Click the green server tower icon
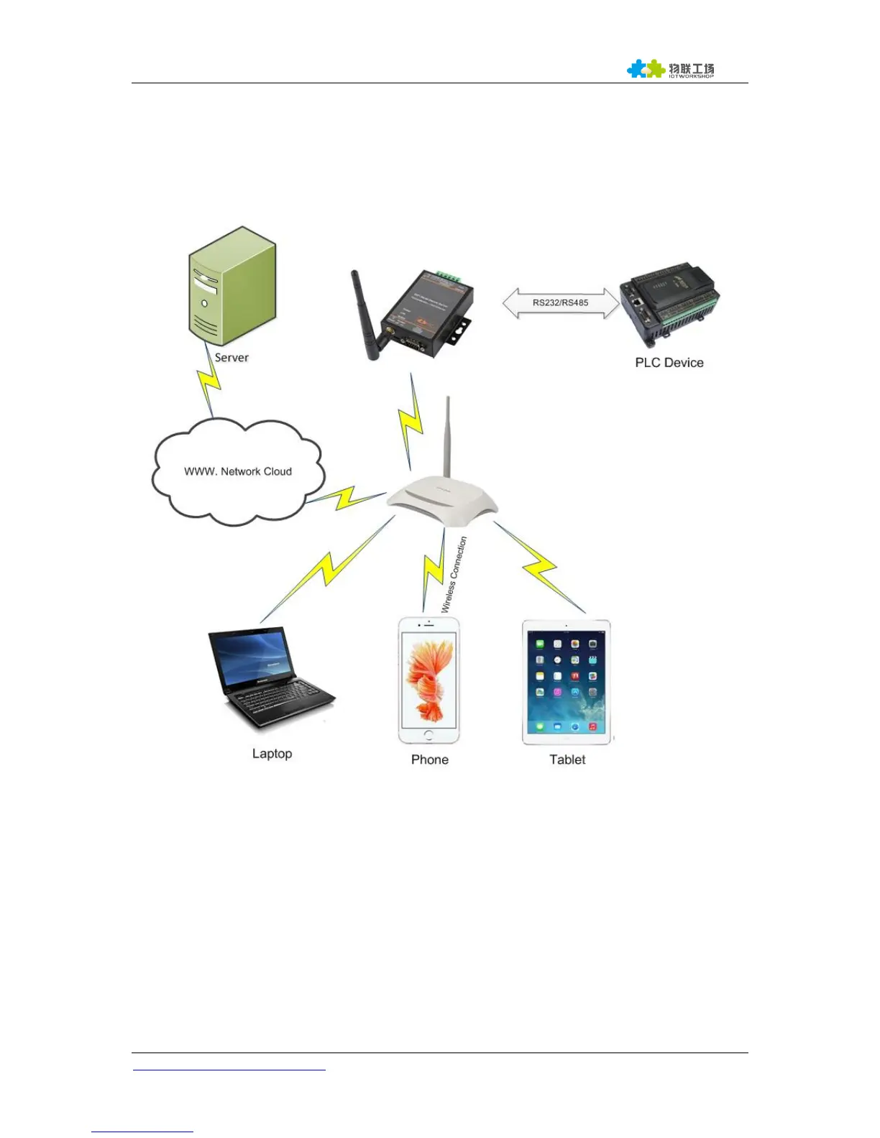(x=232, y=287)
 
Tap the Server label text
(x=232, y=358)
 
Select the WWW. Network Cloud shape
(x=238, y=471)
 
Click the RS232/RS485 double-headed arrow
(x=561, y=302)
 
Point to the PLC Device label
(x=669, y=363)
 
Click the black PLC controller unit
(x=669, y=302)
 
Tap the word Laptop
(x=272, y=754)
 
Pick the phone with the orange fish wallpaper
(x=429, y=681)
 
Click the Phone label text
(x=429, y=760)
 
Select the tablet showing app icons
(x=567, y=683)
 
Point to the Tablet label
(x=567, y=760)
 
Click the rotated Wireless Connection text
(x=454, y=575)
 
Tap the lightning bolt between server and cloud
(x=209, y=384)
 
